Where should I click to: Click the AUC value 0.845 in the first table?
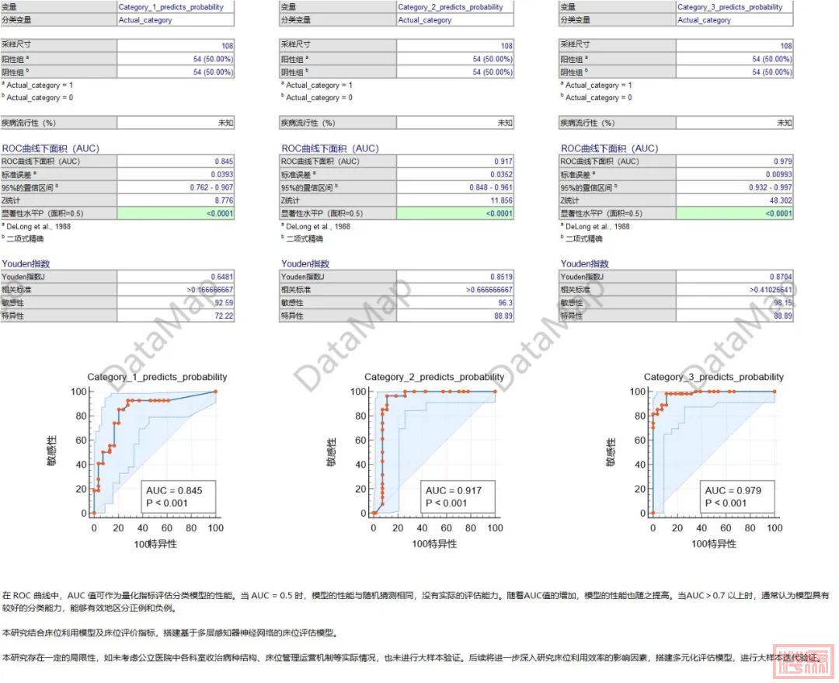tap(222, 162)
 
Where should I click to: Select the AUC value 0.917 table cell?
tap(502, 162)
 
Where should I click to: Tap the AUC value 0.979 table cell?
tap(782, 162)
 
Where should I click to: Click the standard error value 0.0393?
tap(221, 175)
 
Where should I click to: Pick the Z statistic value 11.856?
tap(499, 200)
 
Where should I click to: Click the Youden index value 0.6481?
tap(221, 277)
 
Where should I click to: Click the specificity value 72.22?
tap(222, 316)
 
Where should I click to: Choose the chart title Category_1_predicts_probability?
tap(157, 377)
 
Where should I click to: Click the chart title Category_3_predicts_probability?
tap(714, 377)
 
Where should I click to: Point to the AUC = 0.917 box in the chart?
tap(453, 496)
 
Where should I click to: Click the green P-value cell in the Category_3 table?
tap(734, 214)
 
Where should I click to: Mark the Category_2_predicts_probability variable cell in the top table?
tap(450, 7)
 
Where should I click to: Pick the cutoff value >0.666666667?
tap(489, 290)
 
